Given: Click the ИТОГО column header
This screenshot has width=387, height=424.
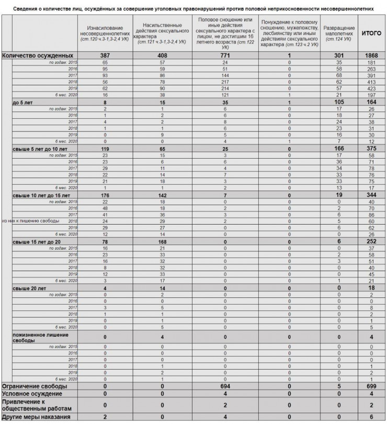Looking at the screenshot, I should click(x=371, y=33).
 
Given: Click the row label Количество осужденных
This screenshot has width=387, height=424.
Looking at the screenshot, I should click(x=38, y=55).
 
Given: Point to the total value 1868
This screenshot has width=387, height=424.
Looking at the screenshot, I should click(x=371, y=55).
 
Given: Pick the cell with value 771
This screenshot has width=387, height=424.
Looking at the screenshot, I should click(x=225, y=55).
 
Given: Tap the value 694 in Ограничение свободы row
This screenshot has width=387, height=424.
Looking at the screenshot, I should click(x=225, y=386).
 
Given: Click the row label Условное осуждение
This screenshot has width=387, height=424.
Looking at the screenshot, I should click(x=32, y=393).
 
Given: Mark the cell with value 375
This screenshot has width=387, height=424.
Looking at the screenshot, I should click(x=371, y=149).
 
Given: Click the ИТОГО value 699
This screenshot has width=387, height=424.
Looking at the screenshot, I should click(x=371, y=386).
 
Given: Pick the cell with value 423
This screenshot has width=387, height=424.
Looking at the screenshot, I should click(x=371, y=89).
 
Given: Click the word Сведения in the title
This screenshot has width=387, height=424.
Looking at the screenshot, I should click(x=26, y=9).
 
